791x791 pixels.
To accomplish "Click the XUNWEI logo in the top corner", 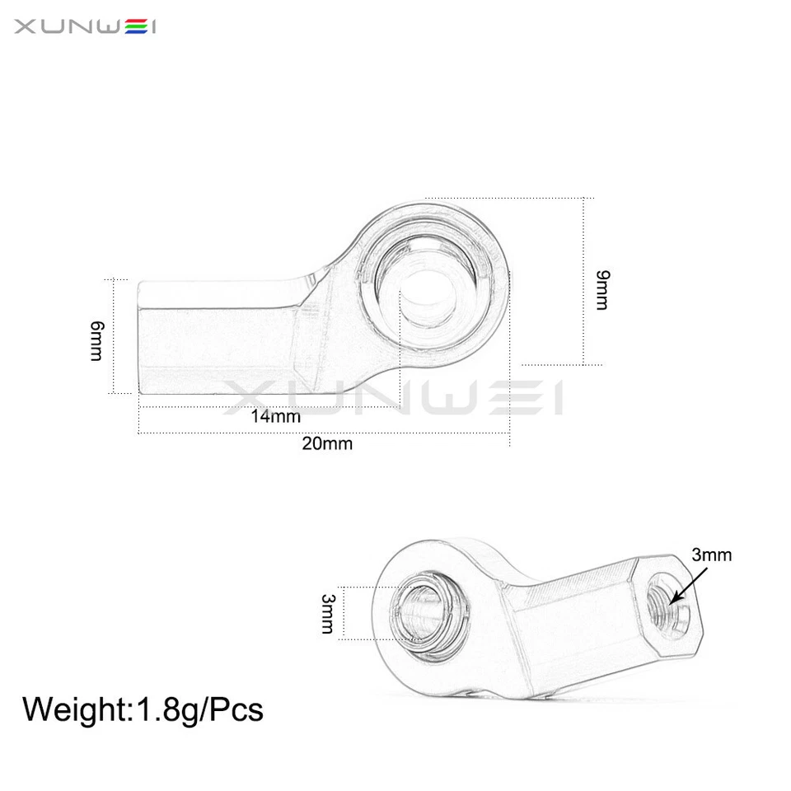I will [85, 28].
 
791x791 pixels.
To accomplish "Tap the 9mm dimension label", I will [602, 288].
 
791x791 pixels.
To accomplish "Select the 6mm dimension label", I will [96, 340].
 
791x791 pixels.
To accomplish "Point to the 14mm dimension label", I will [275, 415].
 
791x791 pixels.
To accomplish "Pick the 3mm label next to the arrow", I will [711, 555].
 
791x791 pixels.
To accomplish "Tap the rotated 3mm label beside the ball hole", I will [327, 614].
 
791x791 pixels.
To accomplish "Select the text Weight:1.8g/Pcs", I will [143, 709].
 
